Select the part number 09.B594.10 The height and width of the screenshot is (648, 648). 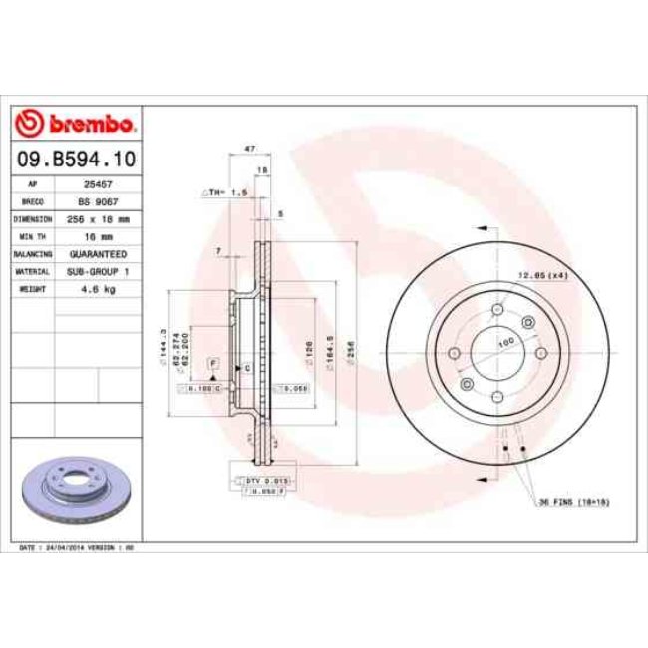pyautogui.click(x=76, y=159)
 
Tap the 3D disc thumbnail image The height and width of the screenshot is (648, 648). pyautogui.click(x=76, y=491)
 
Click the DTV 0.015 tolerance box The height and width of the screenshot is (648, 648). pyautogui.click(x=259, y=481)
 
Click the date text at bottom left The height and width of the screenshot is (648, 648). pyautogui.click(x=76, y=548)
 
